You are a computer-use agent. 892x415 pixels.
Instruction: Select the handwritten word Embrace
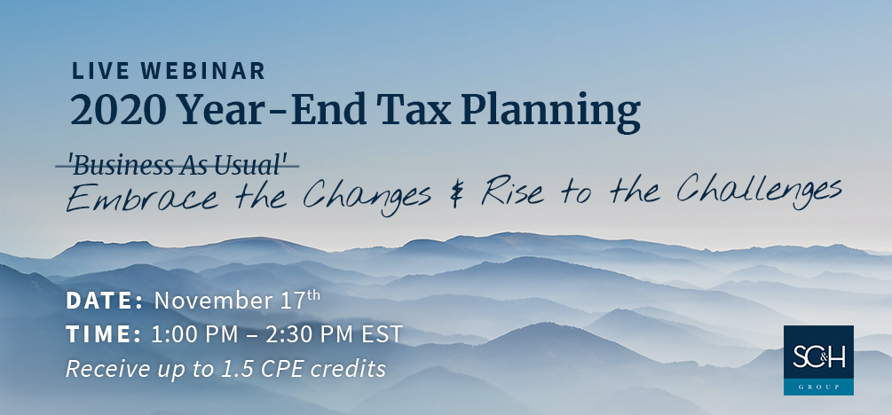[142, 198]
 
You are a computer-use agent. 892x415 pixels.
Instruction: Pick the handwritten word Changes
[367, 197]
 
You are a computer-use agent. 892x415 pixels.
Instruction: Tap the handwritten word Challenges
[758, 190]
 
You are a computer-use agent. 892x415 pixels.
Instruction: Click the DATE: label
[105, 301]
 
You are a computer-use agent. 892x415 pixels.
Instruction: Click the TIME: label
[104, 334]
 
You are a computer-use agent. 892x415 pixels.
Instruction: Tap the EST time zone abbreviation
[383, 334]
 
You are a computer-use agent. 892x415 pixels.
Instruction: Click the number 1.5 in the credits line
[233, 369]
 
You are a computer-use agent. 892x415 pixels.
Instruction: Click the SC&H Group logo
[818, 360]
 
